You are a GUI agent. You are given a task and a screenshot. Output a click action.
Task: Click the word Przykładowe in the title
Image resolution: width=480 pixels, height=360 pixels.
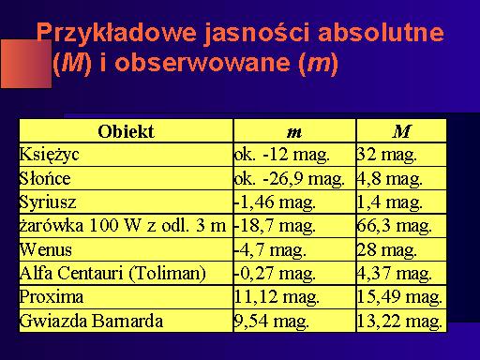pos(116,34)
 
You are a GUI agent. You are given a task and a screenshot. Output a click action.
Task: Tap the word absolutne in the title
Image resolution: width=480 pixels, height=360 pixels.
pos(381,32)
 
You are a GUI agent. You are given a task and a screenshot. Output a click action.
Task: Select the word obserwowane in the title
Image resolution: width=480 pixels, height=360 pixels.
pos(202,63)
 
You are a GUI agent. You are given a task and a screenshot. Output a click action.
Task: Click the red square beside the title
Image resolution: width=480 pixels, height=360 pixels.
pos(26,64)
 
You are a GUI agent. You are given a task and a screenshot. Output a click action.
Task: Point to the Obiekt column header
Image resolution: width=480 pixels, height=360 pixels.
pos(126,131)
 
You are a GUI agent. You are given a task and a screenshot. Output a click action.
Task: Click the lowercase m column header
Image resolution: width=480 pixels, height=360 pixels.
pos(294,132)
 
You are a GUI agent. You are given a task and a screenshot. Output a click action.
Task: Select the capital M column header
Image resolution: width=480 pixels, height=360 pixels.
pos(401,131)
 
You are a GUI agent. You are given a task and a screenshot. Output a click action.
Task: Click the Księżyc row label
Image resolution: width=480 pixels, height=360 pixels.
pos(49,155)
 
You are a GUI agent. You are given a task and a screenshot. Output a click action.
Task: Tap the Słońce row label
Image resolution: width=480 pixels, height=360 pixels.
pos(45,178)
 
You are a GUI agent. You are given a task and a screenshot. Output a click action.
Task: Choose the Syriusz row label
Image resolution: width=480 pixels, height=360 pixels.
pos(48,202)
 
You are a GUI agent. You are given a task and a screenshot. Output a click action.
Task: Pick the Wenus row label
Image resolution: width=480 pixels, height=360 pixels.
pos(46,249)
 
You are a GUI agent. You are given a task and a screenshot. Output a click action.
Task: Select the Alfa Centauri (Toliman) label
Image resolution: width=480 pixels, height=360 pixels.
pos(112,274)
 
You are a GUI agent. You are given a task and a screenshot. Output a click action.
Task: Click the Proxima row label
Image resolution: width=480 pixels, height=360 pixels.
pos(52,296)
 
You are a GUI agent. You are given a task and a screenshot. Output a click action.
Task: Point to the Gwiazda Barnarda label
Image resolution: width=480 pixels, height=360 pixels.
pos(91,321)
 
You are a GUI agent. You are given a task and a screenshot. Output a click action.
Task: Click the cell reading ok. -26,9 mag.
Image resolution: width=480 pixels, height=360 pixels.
pos(290,179)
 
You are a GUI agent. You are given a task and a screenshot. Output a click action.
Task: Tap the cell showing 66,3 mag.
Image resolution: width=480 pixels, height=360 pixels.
pos(395,226)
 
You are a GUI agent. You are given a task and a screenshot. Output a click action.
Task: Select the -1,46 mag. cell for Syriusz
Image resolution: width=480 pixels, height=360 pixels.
pos(275,202)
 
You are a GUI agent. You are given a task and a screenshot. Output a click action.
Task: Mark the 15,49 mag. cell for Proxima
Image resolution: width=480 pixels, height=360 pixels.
pos(399,297)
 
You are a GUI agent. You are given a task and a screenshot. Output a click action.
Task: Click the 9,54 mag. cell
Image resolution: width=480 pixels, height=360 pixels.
pos(272,322)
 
